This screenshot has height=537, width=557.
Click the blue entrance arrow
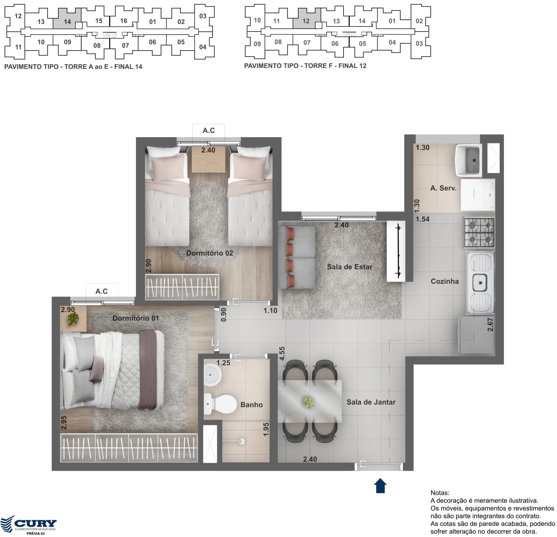(380, 485)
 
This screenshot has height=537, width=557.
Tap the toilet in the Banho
(221, 404)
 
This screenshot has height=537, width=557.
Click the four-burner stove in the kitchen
(479, 233)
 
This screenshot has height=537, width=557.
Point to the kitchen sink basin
(481, 283)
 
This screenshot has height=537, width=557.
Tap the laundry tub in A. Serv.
(469, 161)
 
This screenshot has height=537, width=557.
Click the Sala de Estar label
(349, 267)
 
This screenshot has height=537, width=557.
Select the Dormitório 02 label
(209, 253)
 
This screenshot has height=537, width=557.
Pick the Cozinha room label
(444, 281)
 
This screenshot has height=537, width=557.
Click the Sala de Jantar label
(371, 402)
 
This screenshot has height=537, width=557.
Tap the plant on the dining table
(308, 402)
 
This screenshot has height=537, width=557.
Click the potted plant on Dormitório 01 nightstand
(73, 319)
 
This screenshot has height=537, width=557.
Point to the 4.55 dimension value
(282, 353)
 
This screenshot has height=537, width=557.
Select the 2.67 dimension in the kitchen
(490, 324)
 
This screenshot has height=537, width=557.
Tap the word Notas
(440, 493)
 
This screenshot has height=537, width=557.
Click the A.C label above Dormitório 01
(101, 291)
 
